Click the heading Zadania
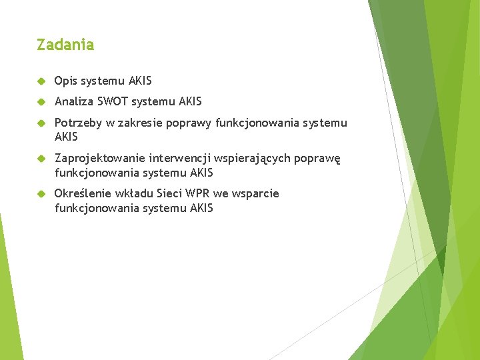[65, 45]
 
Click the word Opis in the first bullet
[65, 81]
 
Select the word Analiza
[73, 102]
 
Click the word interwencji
[179, 159]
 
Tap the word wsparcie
[257, 194]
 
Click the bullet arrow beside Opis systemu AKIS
[41, 81]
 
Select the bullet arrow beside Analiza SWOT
[41, 102]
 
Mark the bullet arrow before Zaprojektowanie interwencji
[41, 159]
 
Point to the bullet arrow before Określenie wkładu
[41, 194]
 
